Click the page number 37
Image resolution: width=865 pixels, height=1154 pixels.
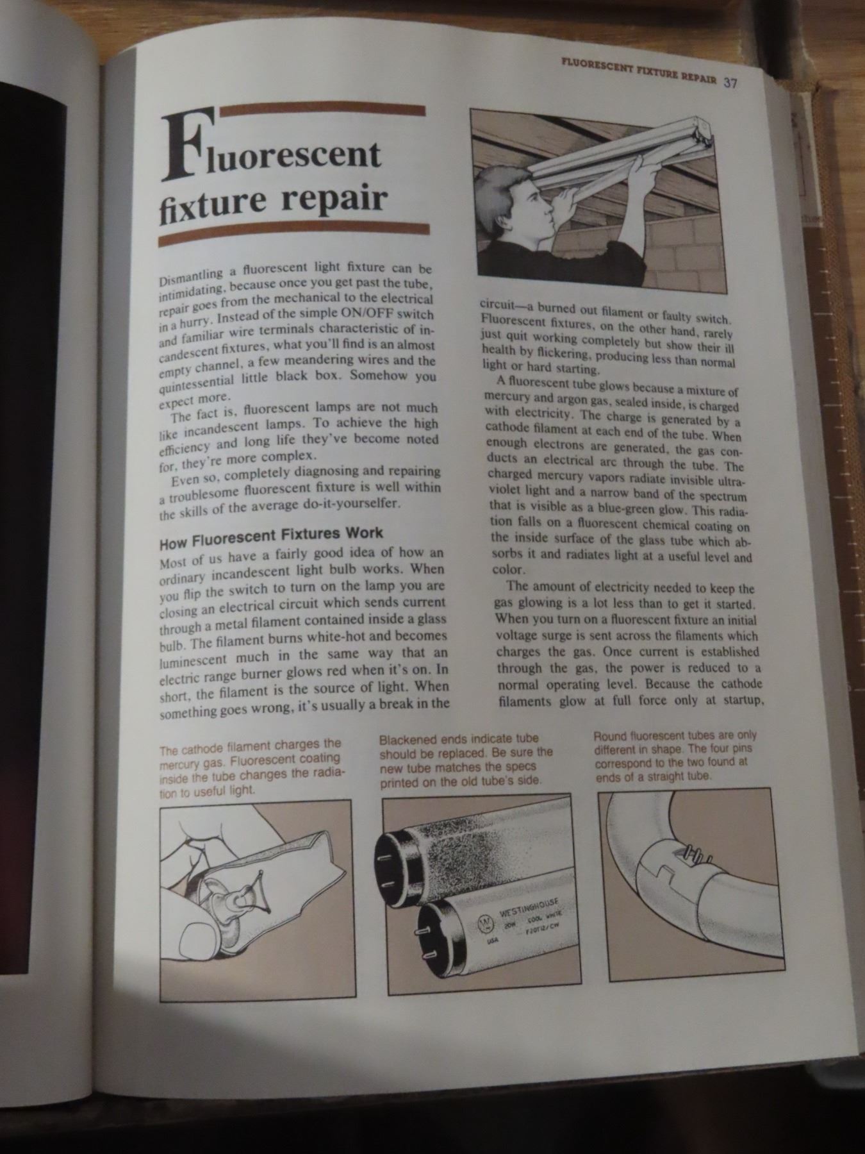click(732, 83)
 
